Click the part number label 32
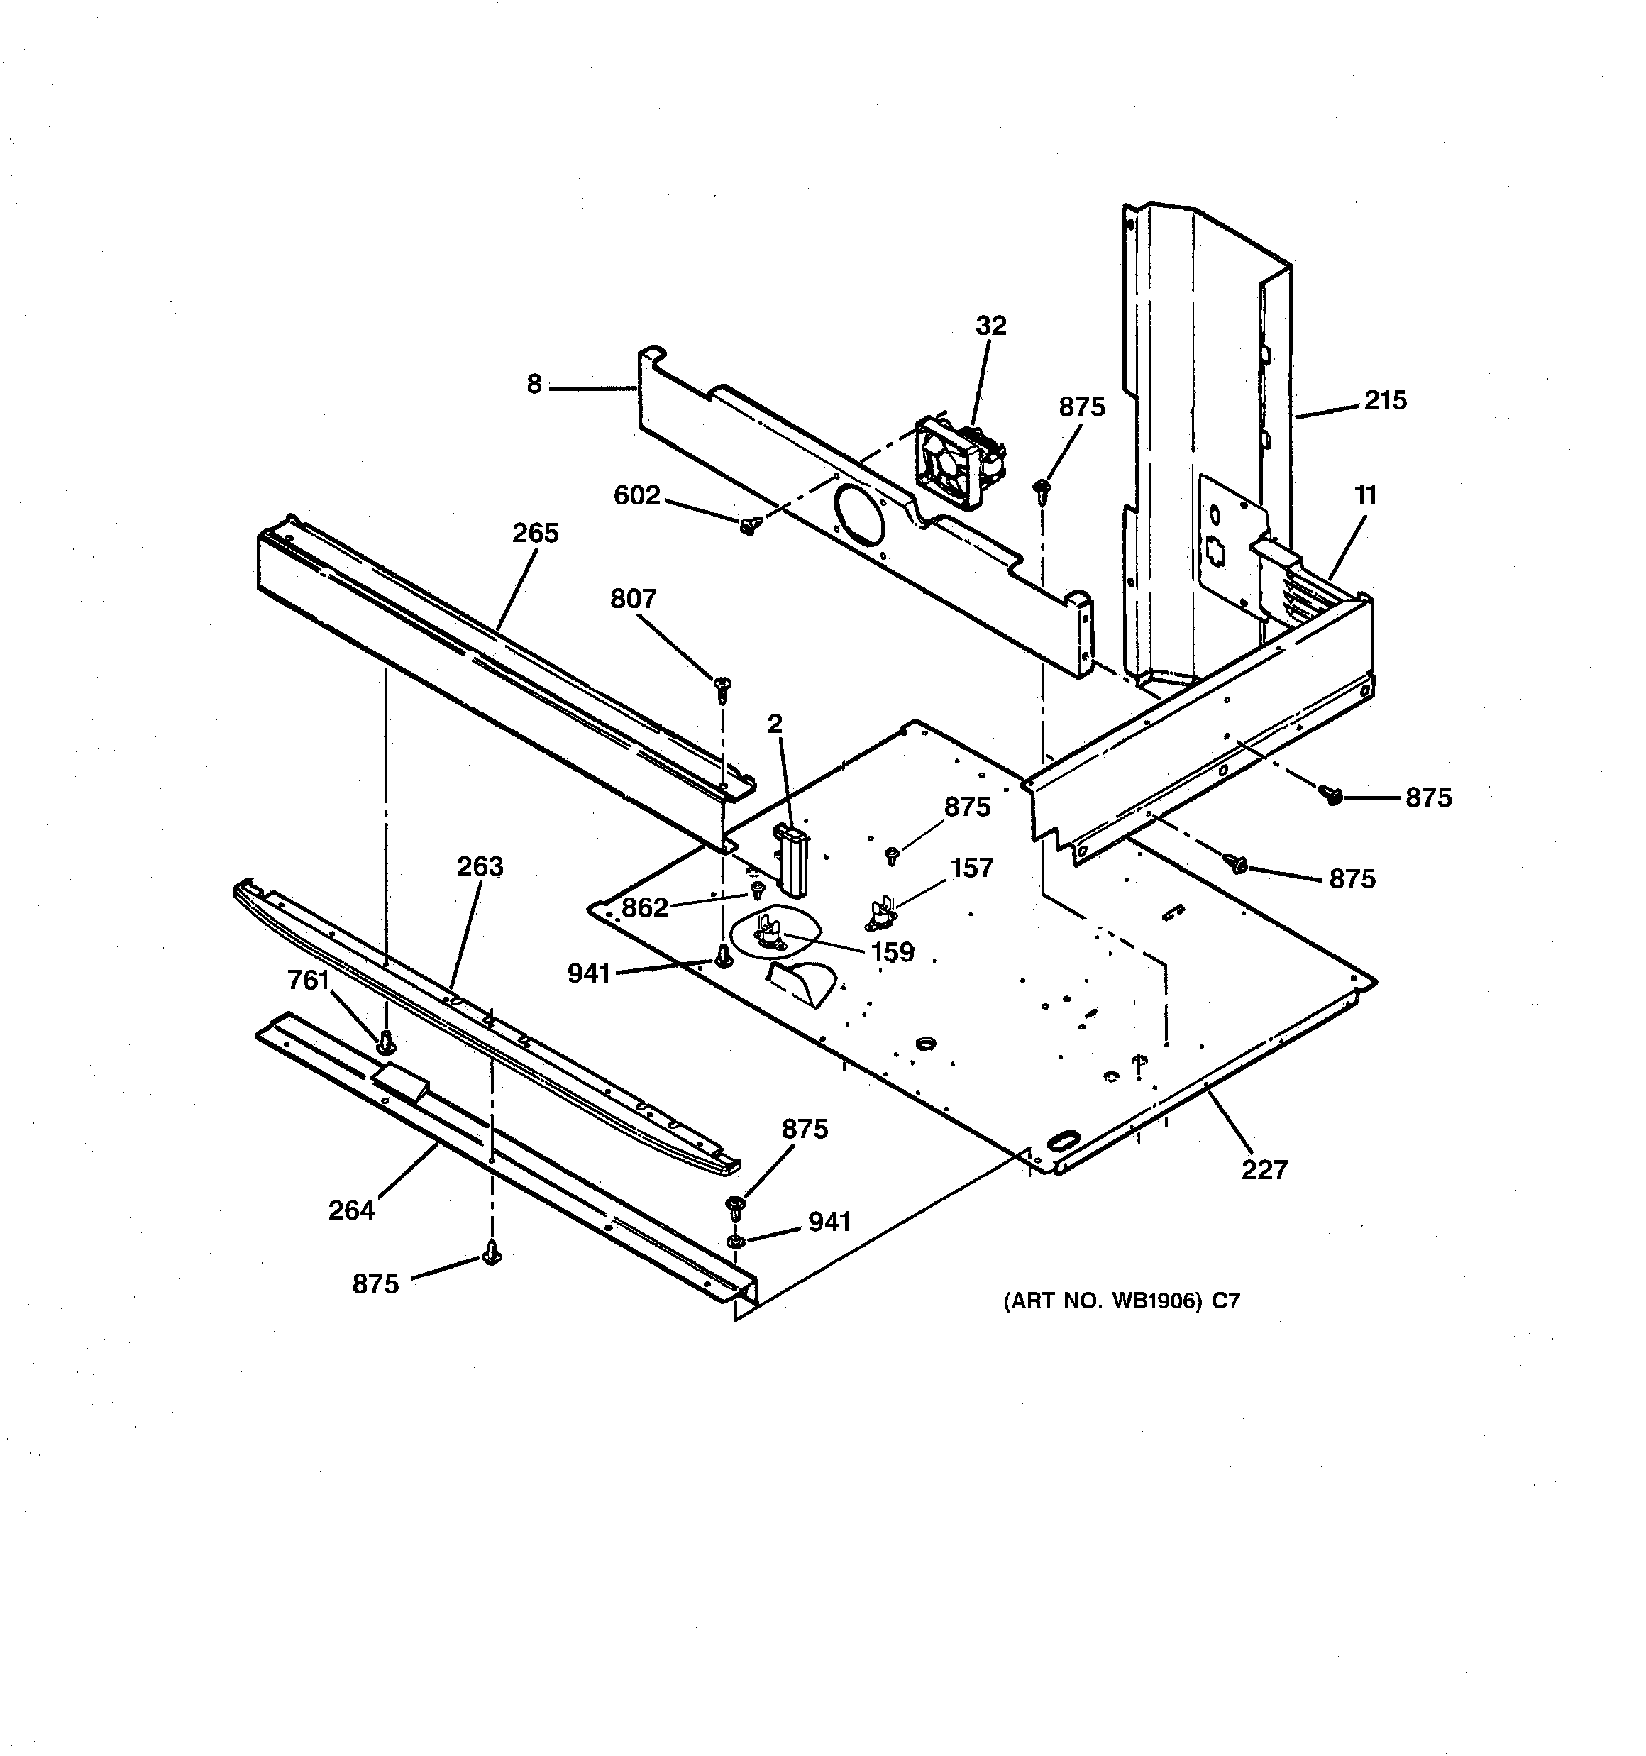pos(990,326)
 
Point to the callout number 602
pos(637,495)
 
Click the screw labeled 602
pos(749,527)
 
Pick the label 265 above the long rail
pos(536,534)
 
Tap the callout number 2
pos(775,724)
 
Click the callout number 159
pos(893,952)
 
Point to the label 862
pos(644,907)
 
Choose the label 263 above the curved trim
pos(480,866)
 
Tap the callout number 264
pos(352,1210)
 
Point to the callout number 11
pos(1366,495)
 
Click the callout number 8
pos(534,385)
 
